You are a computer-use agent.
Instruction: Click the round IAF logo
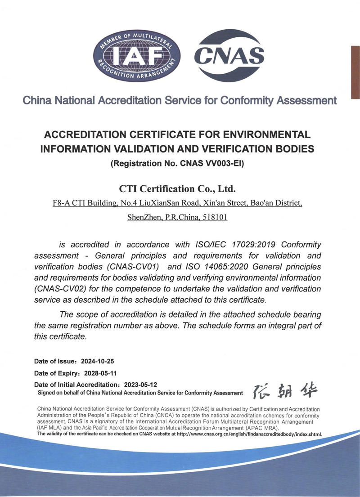point(136,56)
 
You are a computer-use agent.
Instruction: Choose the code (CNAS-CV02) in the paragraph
point(61,289)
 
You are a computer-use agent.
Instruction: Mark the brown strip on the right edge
point(355,72)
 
